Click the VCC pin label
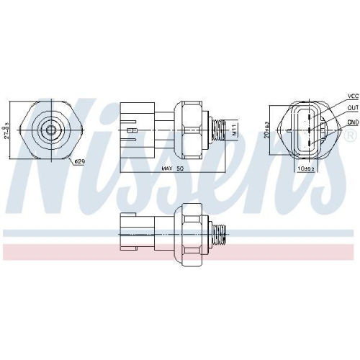[x=352, y=95]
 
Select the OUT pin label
[x=352, y=108]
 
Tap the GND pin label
[x=352, y=122]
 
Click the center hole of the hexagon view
[x=50, y=130]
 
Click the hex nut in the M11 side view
[x=192, y=130]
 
